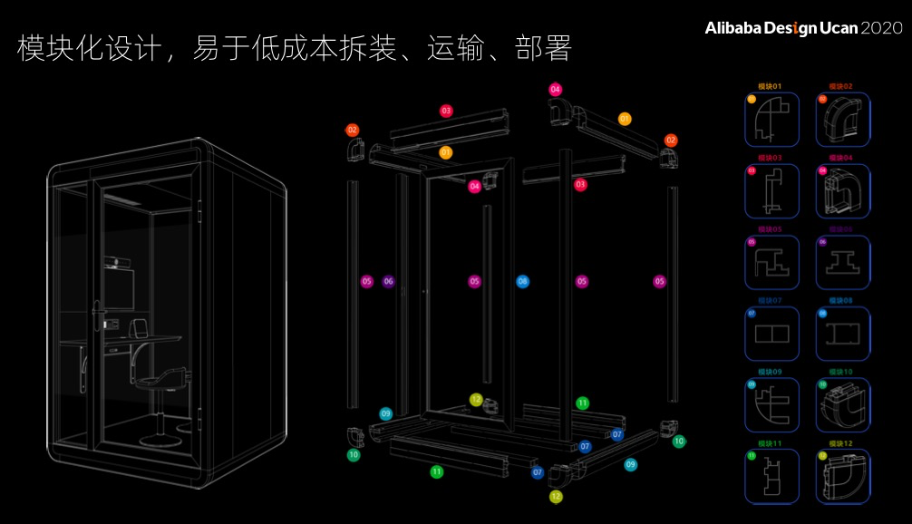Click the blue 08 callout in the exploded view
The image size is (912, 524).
click(x=522, y=281)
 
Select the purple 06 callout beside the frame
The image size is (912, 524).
click(x=389, y=281)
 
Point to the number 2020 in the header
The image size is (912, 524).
click(x=881, y=28)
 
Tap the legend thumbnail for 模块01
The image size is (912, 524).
click(x=771, y=120)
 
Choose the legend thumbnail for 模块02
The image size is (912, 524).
click(x=843, y=120)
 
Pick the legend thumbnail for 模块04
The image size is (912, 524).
click(x=843, y=191)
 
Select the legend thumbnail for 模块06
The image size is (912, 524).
click(x=843, y=263)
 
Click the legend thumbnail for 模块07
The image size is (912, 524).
click(x=771, y=334)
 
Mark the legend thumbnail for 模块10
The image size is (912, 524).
click(x=843, y=405)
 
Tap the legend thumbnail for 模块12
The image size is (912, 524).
click(x=843, y=477)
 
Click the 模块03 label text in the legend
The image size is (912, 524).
click(x=770, y=158)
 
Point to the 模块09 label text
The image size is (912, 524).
click(x=770, y=372)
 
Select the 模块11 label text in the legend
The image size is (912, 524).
click(x=770, y=443)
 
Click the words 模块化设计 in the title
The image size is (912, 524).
click(x=82, y=48)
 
